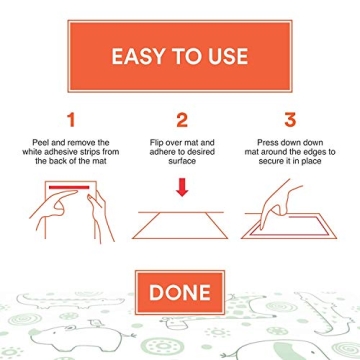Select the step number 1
70,120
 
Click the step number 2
181,120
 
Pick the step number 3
290,120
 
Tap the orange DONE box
180,292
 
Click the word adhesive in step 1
73,153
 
